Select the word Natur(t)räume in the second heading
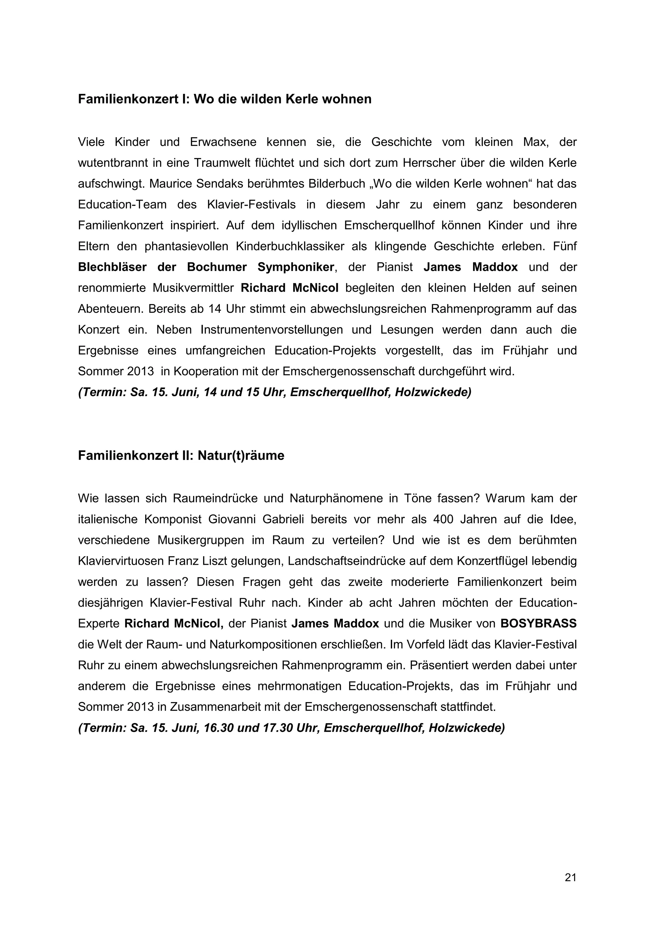(241, 456)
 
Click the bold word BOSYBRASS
(539, 624)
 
